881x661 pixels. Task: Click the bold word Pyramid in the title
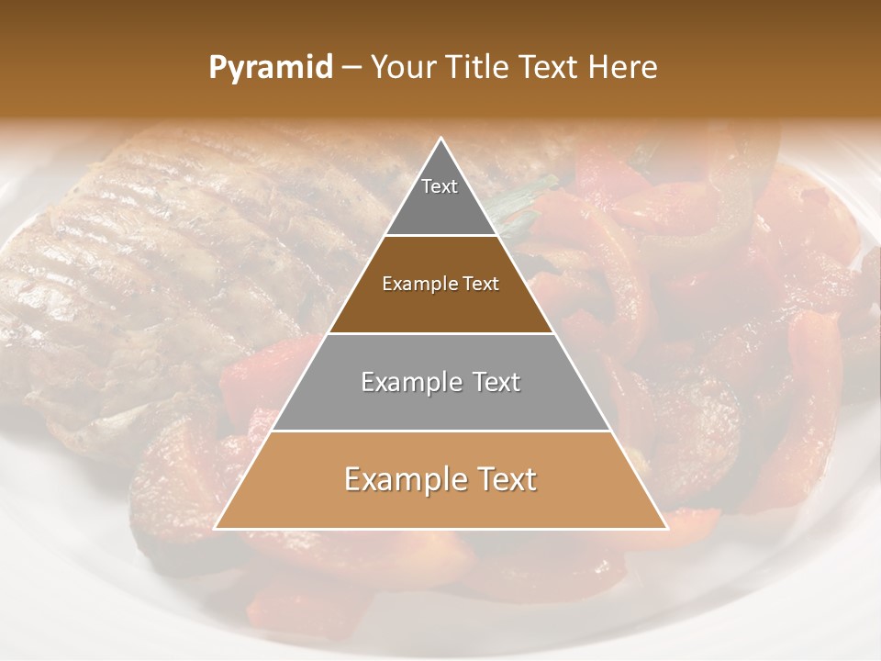(x=271, y=68)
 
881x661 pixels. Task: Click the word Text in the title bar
(x=552, y=68)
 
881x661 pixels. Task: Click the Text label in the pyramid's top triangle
(x=440, y=186)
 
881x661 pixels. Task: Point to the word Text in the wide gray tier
(x=494, y=382)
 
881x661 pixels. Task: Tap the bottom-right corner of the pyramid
(x=666, y=528)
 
